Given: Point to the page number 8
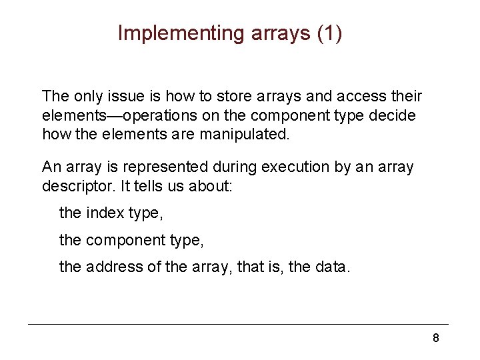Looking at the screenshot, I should [435, 338].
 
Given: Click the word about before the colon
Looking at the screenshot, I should [212, 185].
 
